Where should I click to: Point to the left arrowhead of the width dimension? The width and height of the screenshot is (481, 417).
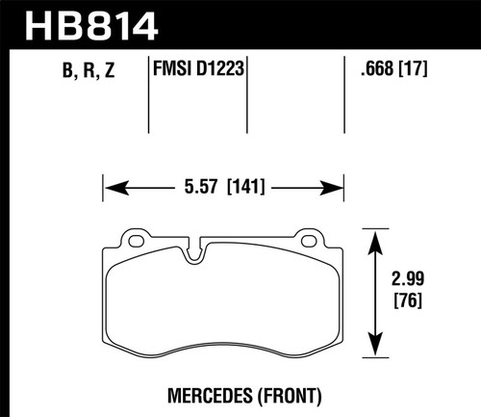pos(109,187)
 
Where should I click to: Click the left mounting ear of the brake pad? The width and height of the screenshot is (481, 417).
pos(133,239)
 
